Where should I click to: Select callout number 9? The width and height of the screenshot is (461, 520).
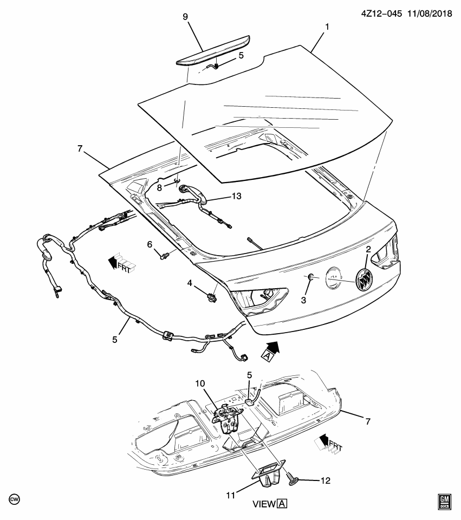[x=185, y=17]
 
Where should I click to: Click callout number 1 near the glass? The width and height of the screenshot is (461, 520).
[x=326, y=27]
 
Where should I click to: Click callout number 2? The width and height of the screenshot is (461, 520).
[x=368, y=250]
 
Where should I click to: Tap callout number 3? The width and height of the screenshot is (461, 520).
[x=304, y=300]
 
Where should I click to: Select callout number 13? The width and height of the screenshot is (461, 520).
[x=236, y=196]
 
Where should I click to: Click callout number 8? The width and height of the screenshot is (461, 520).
[x=159, y=187]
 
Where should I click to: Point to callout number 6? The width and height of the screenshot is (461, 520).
[x=150, y=244]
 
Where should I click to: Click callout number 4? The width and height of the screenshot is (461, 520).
[x=190, y=283]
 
